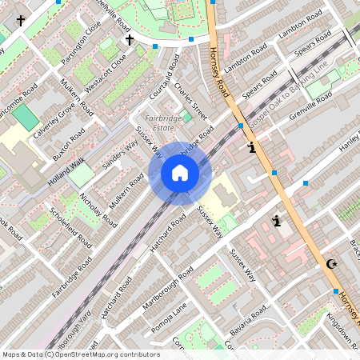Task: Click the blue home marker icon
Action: pyautogui.click(x=180, y=173)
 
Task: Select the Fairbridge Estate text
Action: pyautogui.click(x=165, y=122)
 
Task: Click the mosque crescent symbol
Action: pyautogui.click(x=331, y=264)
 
